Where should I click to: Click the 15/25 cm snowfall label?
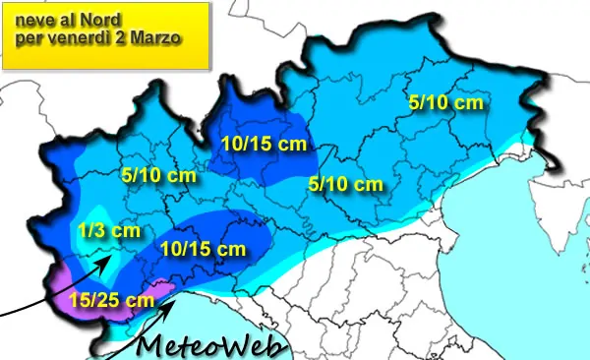click(x=113, y=300)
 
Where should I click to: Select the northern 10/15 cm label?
click(x=263, y=144)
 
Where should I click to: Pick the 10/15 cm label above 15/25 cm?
click(x=203, y=249)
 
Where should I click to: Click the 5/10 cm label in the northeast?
click(x=445, y=102)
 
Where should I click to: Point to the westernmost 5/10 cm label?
click(x=158, y=177)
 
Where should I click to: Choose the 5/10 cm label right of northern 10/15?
click(x=345, y=183)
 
